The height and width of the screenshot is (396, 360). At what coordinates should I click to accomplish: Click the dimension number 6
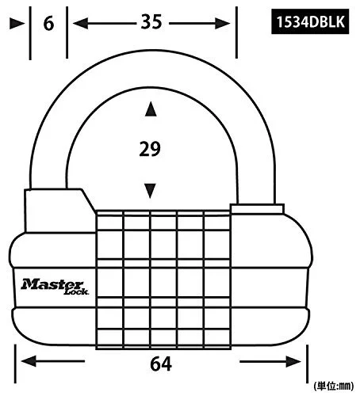[x=48, y=24]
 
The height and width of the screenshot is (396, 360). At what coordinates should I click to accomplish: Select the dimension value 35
[x=151, y=21]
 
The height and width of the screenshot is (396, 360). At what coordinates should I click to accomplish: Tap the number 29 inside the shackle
[x=150, y=149]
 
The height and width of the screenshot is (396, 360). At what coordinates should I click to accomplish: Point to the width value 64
[x=161, y=364]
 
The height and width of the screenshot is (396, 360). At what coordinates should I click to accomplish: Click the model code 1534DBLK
[x=310, y=21]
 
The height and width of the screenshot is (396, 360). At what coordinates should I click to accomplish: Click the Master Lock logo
[x=55, y=287]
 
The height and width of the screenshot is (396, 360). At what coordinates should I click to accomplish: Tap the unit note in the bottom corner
[x=334, y=386]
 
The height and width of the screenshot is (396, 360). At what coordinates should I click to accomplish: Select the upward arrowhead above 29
[x=151, y=109]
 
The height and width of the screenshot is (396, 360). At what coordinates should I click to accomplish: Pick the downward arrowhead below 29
[x=150, y=191]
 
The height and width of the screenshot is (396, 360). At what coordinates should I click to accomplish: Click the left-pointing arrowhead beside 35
[x=80, y=23]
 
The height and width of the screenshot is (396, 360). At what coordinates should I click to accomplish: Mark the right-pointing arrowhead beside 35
[x=222, y=24]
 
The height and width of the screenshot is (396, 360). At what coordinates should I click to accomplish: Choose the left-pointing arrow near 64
[x=53, y=361]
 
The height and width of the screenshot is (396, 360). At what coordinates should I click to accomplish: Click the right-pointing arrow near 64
[x=270, y=361]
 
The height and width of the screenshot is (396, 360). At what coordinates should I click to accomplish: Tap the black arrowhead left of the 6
[x=17, y=24]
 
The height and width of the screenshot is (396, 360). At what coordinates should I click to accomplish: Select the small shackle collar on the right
[x=258, y=208]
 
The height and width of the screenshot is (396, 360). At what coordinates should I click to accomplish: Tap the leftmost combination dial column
[x=109, y=280]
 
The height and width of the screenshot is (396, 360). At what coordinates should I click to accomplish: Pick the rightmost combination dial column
[x=217, y=280]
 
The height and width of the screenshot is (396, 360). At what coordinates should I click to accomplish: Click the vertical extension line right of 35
[x=236, y=32]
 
